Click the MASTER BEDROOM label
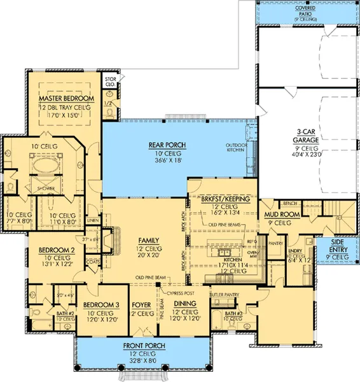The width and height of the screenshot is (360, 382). pos(66,100)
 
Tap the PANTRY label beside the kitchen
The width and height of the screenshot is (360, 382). pos(275,243)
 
